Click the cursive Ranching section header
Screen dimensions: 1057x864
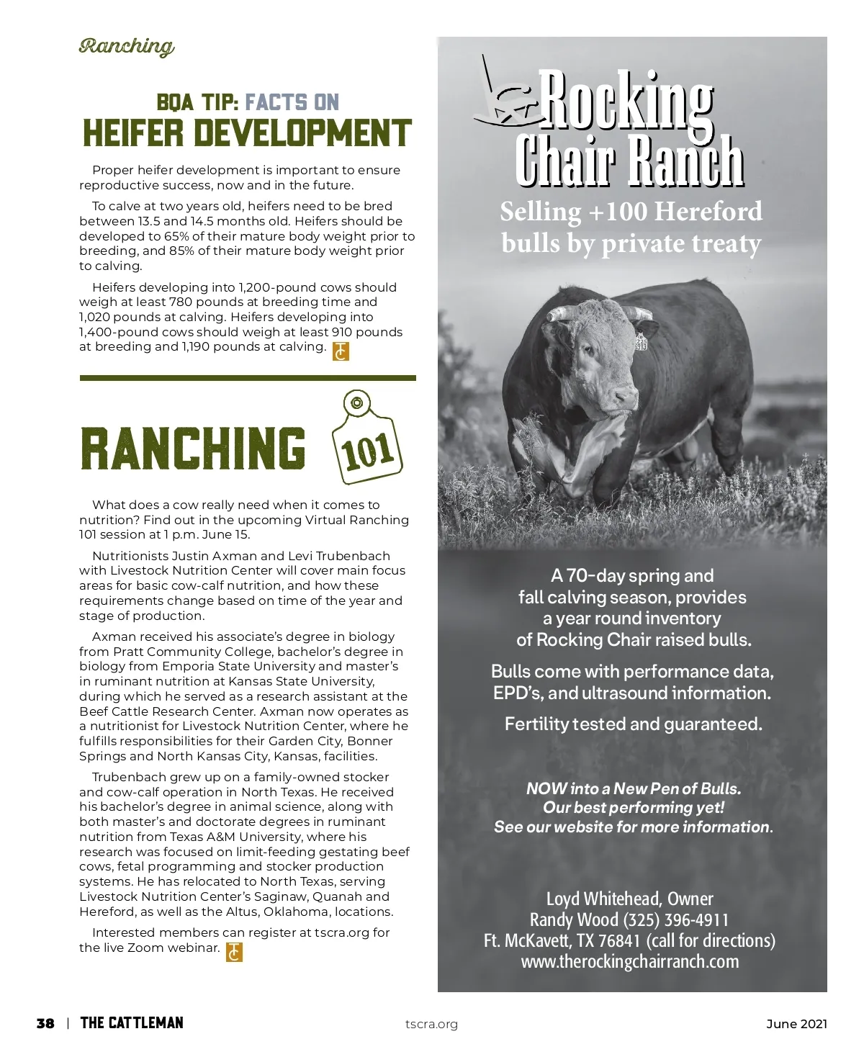pyautogui.click(x=126, y=47)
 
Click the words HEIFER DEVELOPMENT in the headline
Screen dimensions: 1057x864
pyautogui.click(x=247, y=134)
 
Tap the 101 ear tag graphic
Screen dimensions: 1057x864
pyautogui.click(x=366, y=441)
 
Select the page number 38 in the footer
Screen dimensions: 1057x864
pyautogui.click(x=45, y=1023)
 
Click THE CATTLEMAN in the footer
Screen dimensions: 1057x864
pyautogui.click(x=132, y=1023)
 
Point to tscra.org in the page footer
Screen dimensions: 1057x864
pyautogui.click(x=431, y=1024)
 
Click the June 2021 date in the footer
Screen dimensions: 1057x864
pyautogui.click(x=796, y=1024)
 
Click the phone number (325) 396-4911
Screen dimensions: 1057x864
pyautogui.click(x=675, y=920)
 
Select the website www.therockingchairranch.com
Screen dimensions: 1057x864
pyautogui.click(x=630, y=962)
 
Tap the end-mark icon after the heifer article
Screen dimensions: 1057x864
pyautogui.click(x=341, y=351)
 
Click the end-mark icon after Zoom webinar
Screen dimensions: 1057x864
pyautogui.click(x=235, y=952)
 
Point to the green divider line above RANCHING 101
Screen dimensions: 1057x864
pyautogui.click(x=248, y=377)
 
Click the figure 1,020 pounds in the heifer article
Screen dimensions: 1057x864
pyautogui.click(x=102, y=317)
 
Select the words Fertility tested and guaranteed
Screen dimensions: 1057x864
pyautogui.click(x=633, y=724)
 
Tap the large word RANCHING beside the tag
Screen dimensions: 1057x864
pyautogui.click(x=193, y=447)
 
